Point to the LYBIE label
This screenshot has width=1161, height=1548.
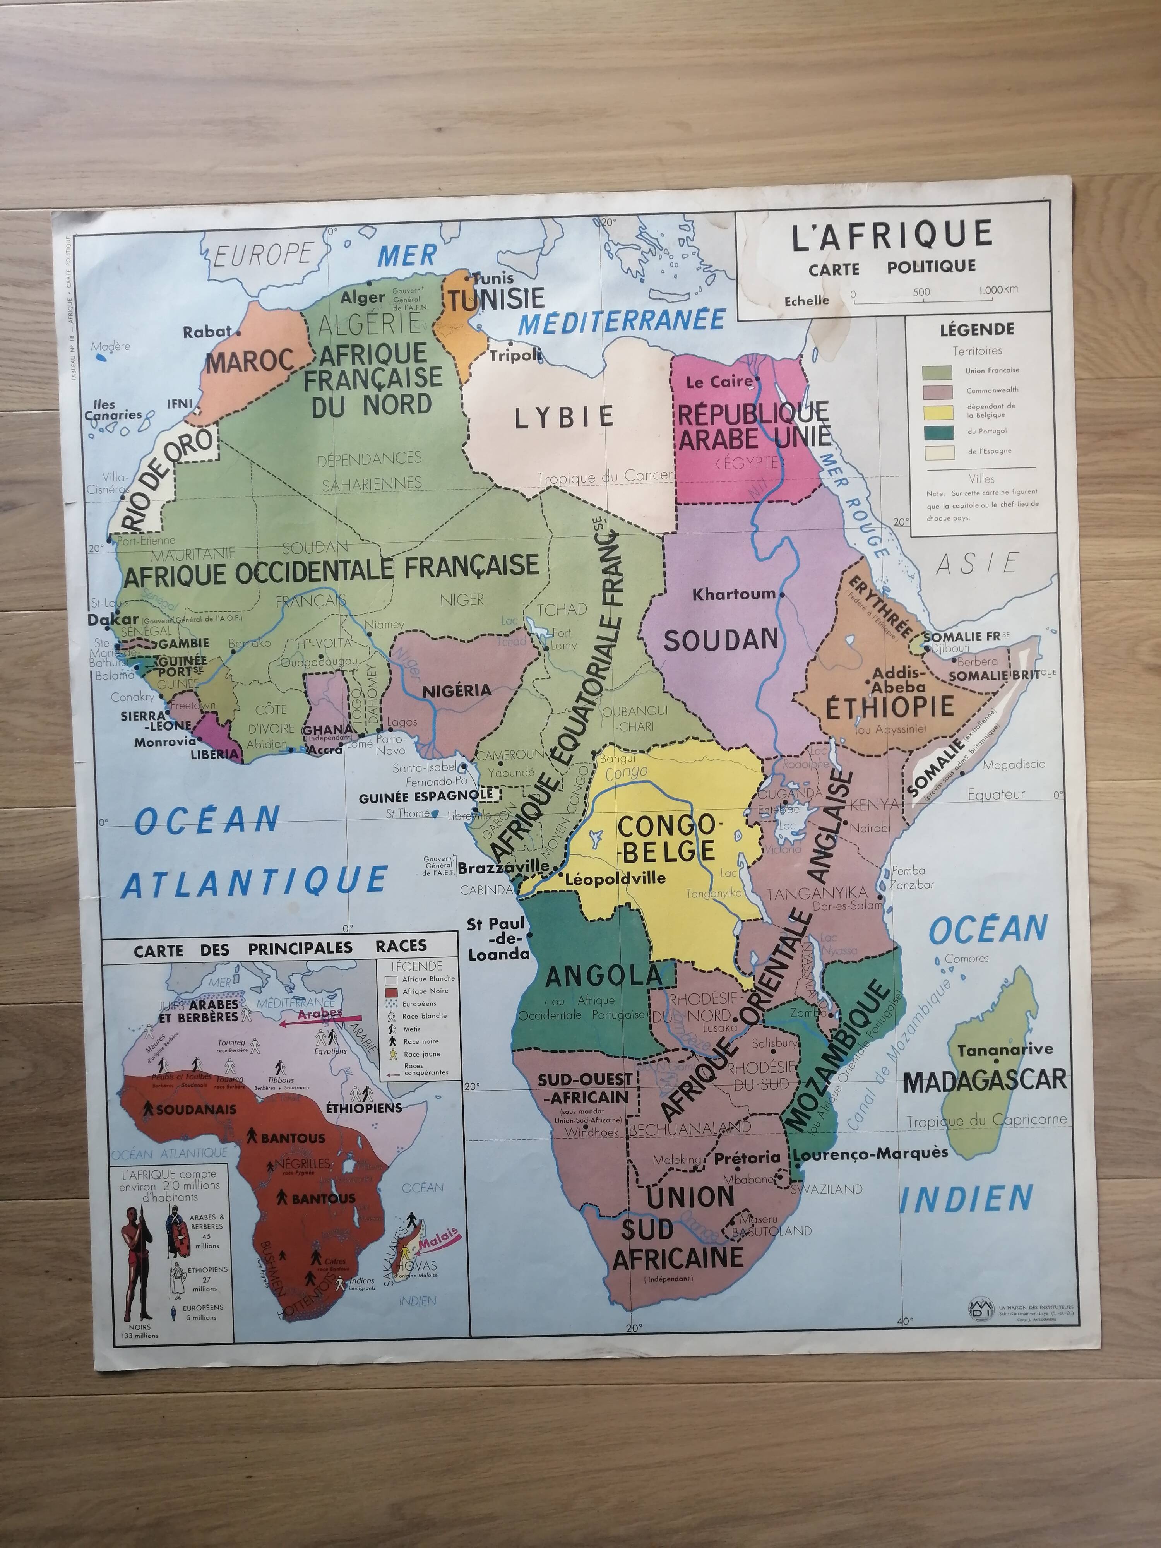[x=564, y=418]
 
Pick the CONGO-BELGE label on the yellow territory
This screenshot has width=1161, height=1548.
[x=666, y=838]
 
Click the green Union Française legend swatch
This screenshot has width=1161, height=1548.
[x=937, y=372]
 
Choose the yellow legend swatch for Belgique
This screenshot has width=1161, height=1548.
[x=937, y=411]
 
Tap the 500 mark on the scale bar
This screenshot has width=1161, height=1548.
[x=921, y=293]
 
